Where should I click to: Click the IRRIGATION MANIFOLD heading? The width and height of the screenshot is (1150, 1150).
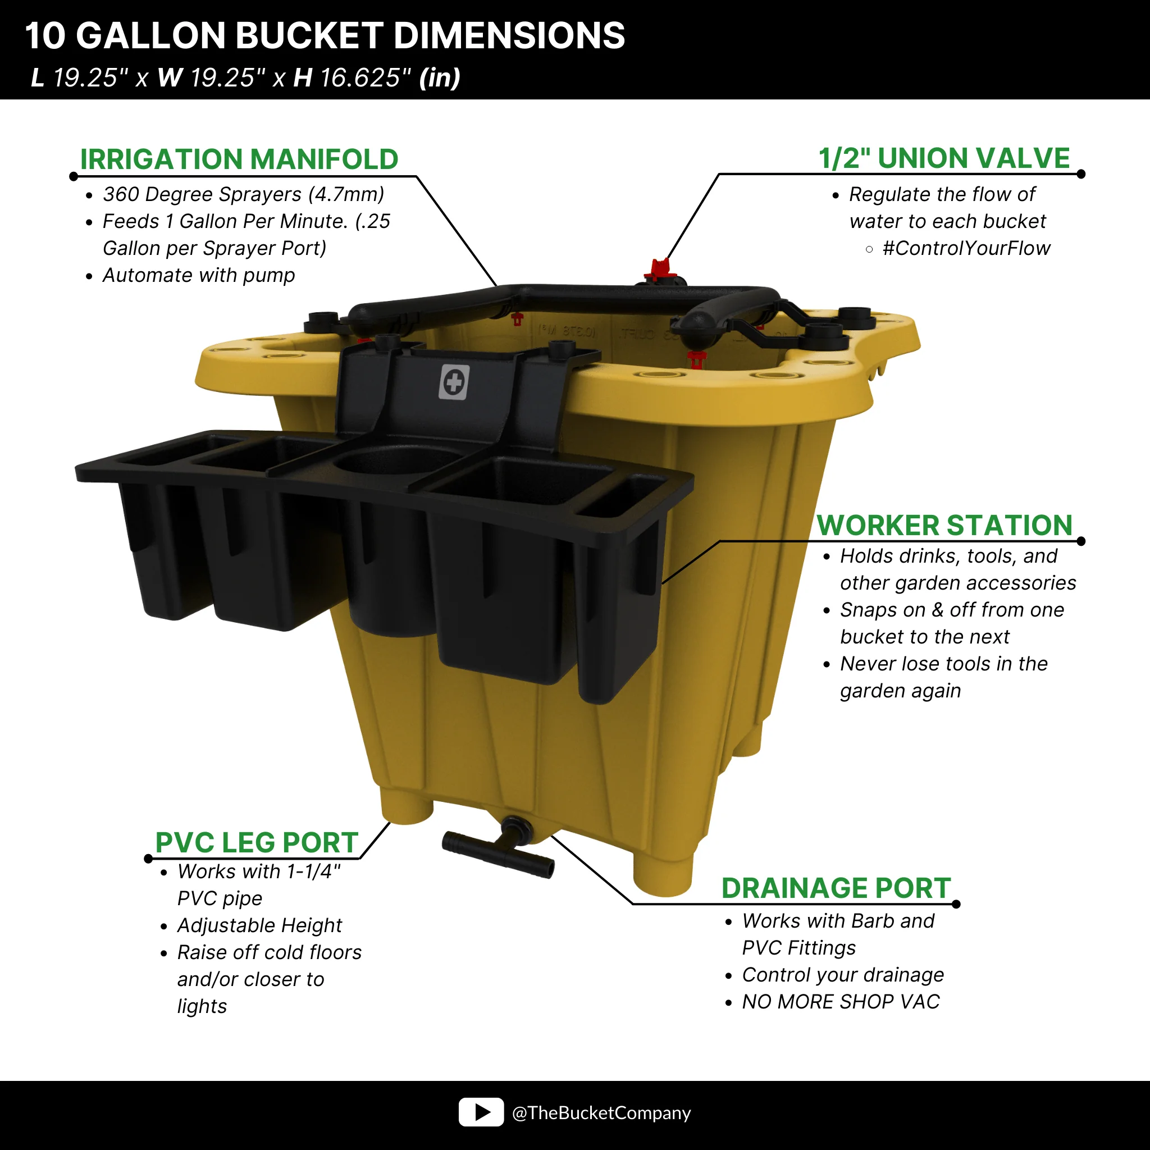tap(239, 159)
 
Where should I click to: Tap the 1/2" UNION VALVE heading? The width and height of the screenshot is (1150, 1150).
tap(944, 158)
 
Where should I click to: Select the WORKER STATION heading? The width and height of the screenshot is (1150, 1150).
tap(944, 525)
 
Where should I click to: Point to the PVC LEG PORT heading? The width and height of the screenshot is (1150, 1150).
tap(257, 842)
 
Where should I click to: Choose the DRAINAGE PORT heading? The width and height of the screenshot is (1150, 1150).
tap(836, 888)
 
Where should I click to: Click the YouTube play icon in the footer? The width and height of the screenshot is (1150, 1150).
tap(481, 1112)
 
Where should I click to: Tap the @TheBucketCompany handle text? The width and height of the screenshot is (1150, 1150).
tap(601, 1112)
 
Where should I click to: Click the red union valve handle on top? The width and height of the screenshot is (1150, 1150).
tap(660, 269)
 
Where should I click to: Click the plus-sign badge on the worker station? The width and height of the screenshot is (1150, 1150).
tap(454, 382)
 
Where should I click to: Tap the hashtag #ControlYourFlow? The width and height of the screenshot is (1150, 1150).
tap(966, 248)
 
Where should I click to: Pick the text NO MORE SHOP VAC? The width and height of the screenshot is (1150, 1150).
tap(841, 1002)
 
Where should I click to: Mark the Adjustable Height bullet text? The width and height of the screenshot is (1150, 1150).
tap(259, 925)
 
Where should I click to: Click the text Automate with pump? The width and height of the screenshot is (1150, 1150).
tap(199, 276)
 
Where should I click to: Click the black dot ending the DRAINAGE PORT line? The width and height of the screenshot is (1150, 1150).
tap(956, 904)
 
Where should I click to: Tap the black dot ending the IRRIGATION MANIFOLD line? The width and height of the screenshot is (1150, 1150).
tap(74, 176)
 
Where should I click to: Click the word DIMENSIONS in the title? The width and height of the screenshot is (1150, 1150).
tap(509, 35)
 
